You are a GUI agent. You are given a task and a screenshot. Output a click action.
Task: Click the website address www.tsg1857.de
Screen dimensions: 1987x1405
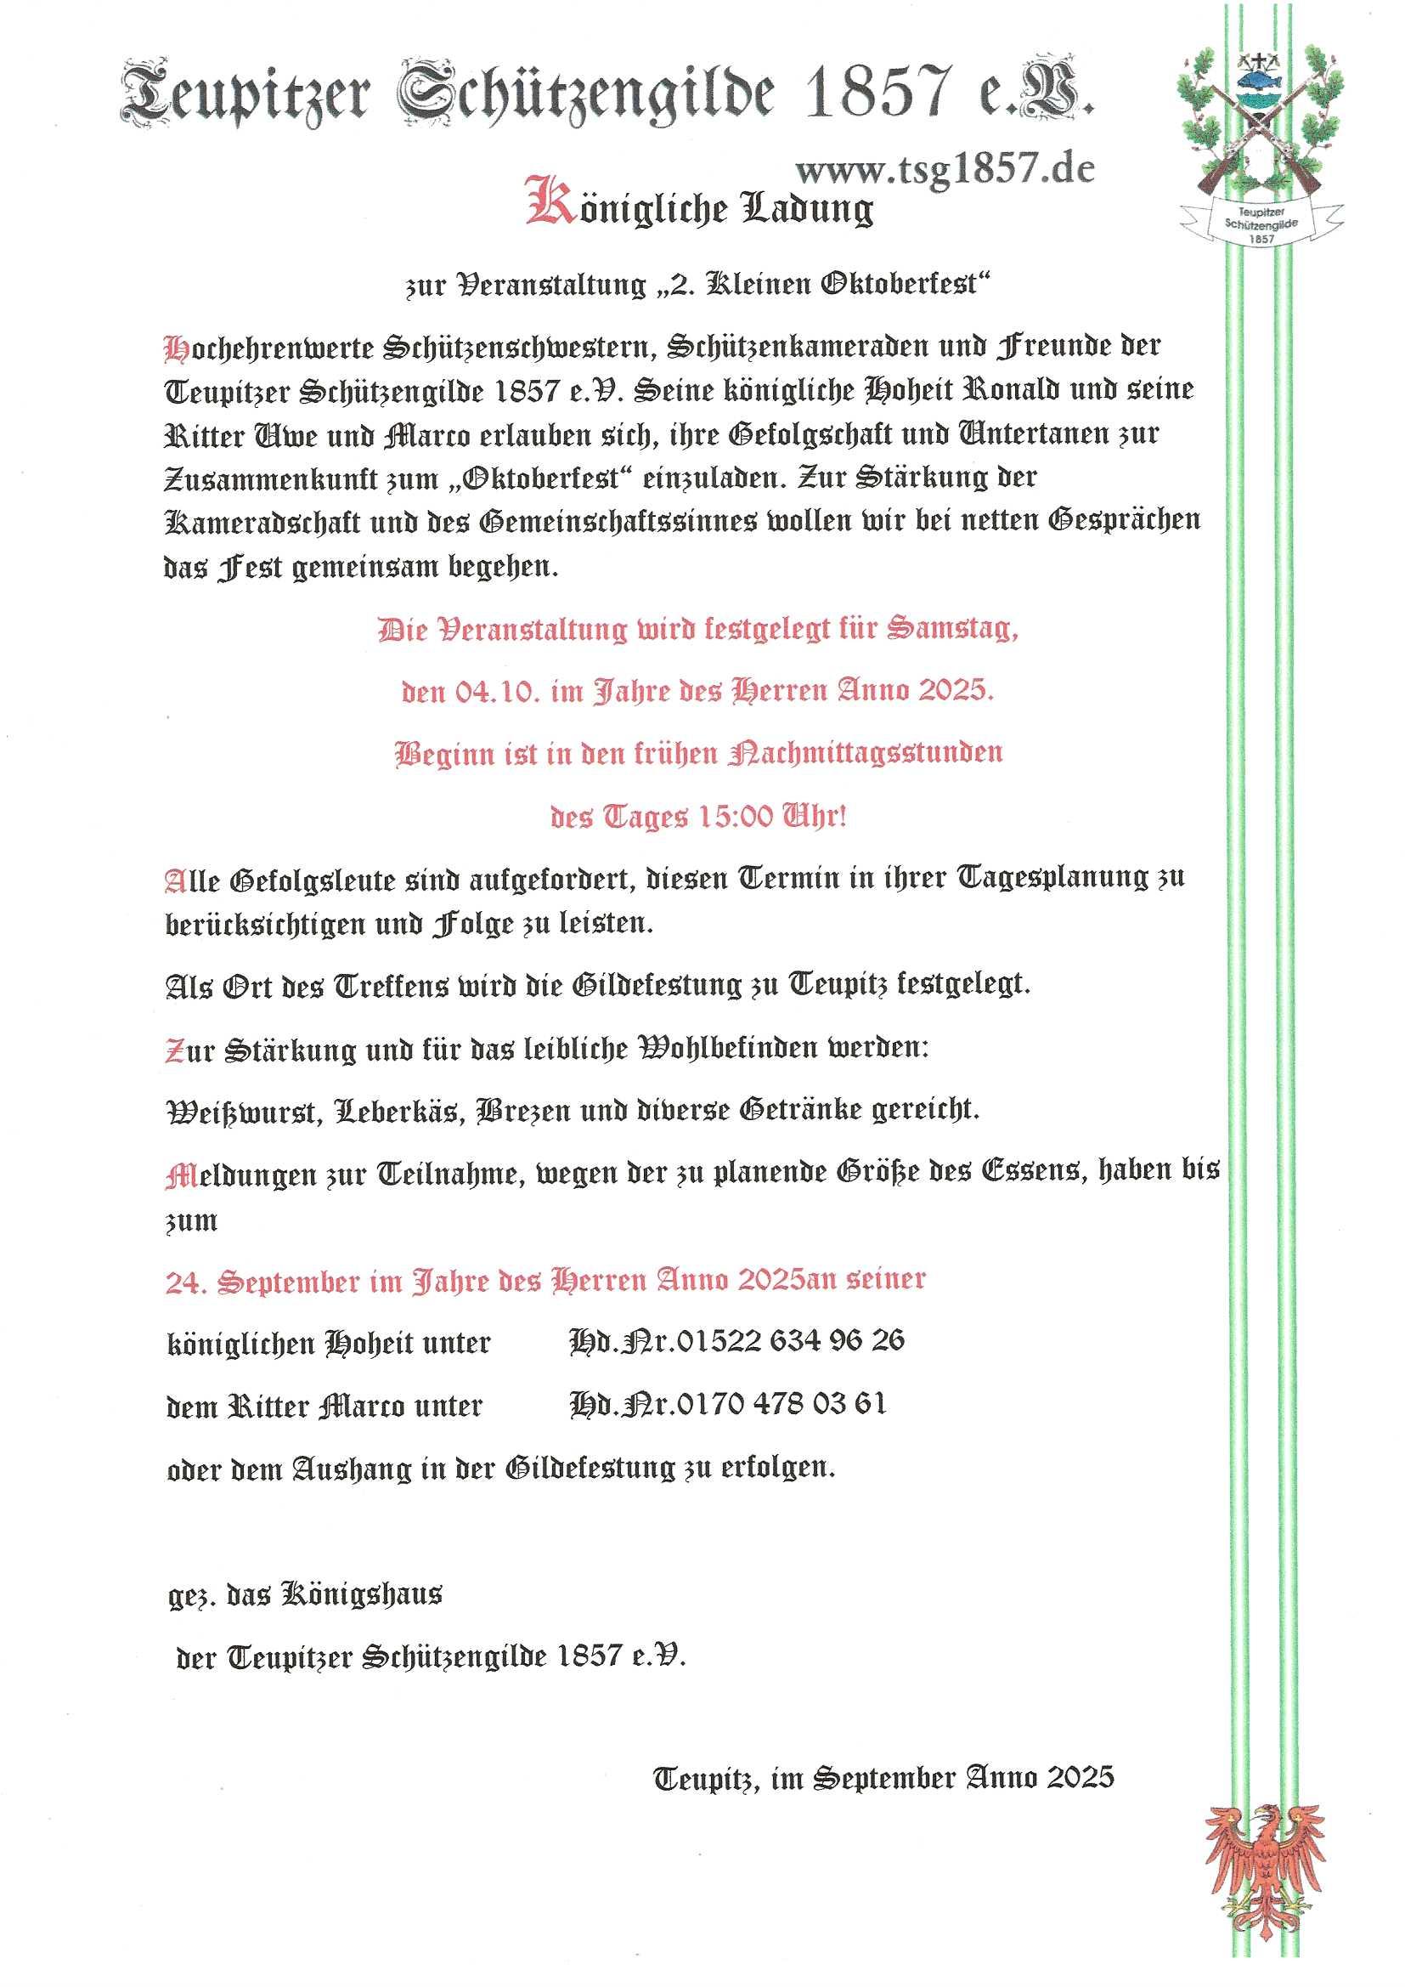pyautogui.click(x=945, y=170)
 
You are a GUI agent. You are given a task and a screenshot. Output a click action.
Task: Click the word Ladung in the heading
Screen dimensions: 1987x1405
pyautogui.click(x=806, y=208)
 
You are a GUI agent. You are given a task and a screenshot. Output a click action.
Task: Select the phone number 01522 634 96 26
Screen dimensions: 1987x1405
pyautogui.click(x=790, y=1340)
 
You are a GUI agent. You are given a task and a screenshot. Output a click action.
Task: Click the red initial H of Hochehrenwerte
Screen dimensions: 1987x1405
pyautogui.click(x=177, y=348)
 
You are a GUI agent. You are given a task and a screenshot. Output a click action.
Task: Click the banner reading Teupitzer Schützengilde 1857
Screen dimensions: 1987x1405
pyautogui.click(x=1261, y=224)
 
